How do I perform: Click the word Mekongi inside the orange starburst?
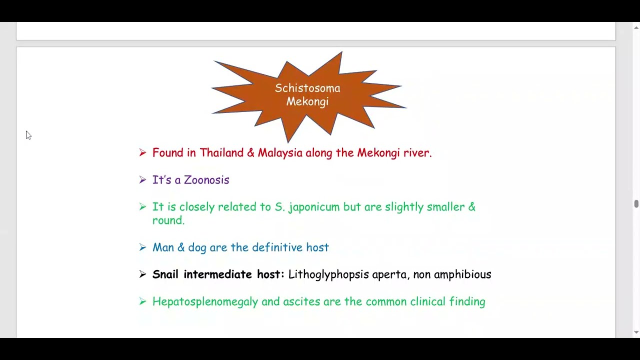pyautogui.click(x=307, y=101)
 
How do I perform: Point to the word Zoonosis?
pyautogui.click(x=206, y=180)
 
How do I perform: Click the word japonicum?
pyautogui.click(x=314, y=207)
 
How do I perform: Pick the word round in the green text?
pyautogui.click(x=168, y=220)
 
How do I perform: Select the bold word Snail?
pyautogui.click(x=166, y=274)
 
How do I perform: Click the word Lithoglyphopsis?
pyautogui.click(x=328, y=274)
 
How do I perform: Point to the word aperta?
pyautogui.click(x=390, y=275)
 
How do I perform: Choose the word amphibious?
pyautogui.click(x=462, y=274)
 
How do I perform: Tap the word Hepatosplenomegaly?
pyautogui.click(x=205, y=302)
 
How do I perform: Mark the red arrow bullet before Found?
pyautogui.click(x=142, y=152)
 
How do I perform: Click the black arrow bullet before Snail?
pyautogui.click(x=142, y=274)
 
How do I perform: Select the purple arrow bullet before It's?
pyautogui.click(x=142, y=179)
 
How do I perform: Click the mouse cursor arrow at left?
pyautogui.click(x=28, y=135)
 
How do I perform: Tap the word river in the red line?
pyautogui.click(x=416, y=152)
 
